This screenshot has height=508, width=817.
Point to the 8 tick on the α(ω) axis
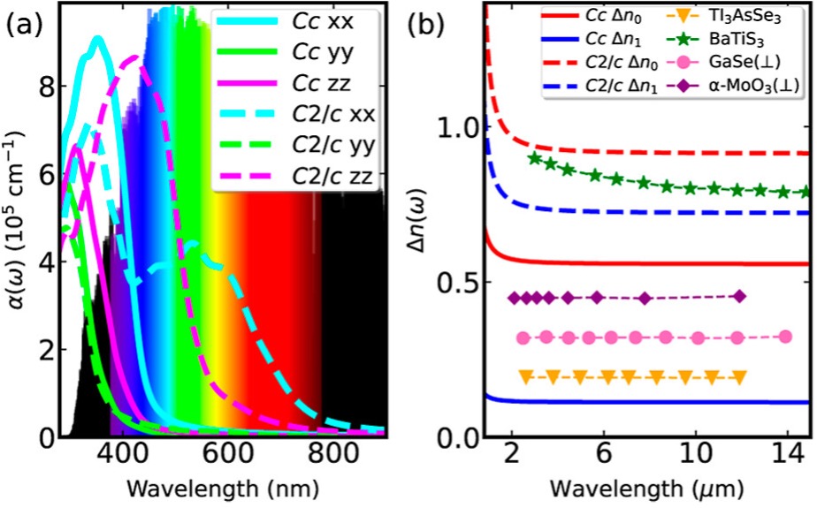[42, 86]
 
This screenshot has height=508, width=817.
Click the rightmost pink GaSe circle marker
[786, 337]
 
